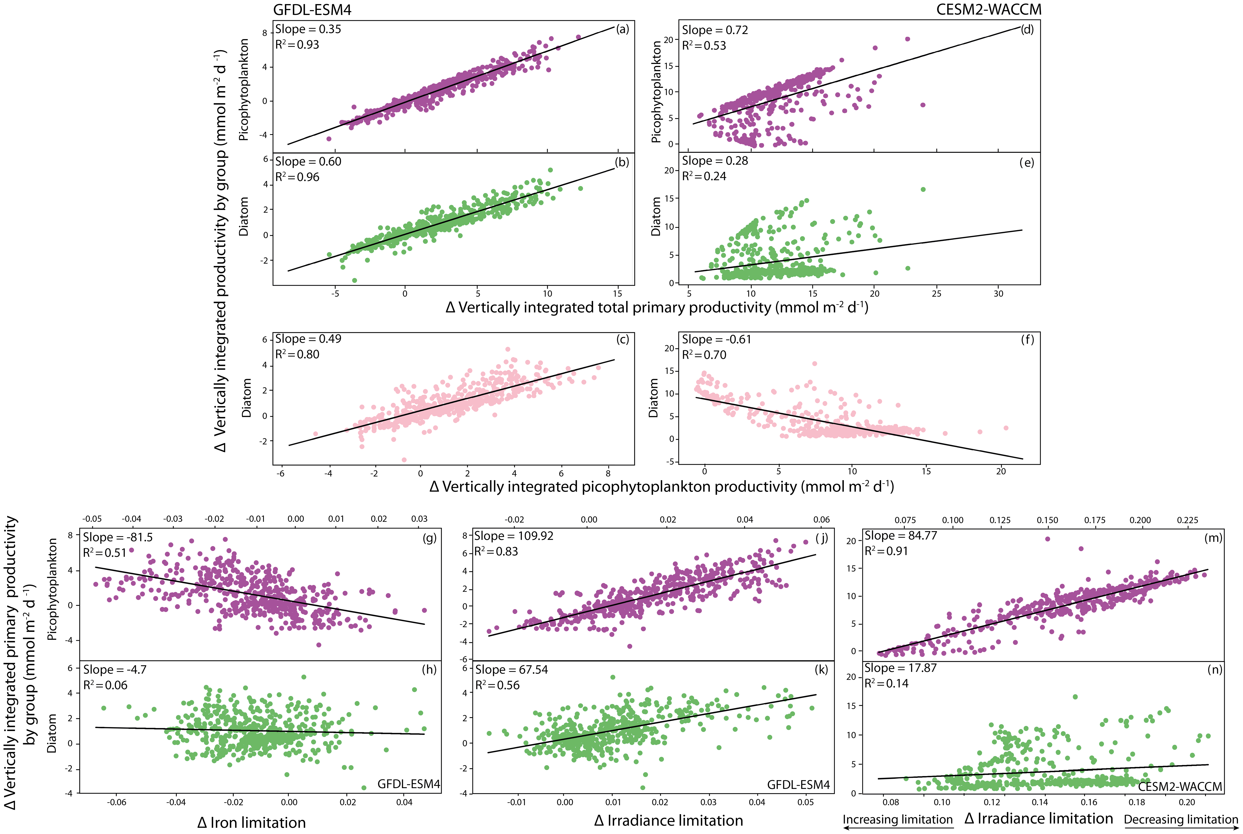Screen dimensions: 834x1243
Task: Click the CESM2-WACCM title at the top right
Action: pyautogui.click(x=988, y=10)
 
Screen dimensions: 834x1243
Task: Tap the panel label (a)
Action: pyautogui.click(x=622, y=29)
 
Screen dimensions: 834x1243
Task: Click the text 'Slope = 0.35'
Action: pyautogui.click(x=308, y=29)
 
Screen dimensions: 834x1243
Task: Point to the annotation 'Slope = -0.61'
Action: pyautogui.click(x=717, y=339)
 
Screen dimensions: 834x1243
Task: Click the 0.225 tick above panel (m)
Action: pyautogui.click(x=1187, y=520)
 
